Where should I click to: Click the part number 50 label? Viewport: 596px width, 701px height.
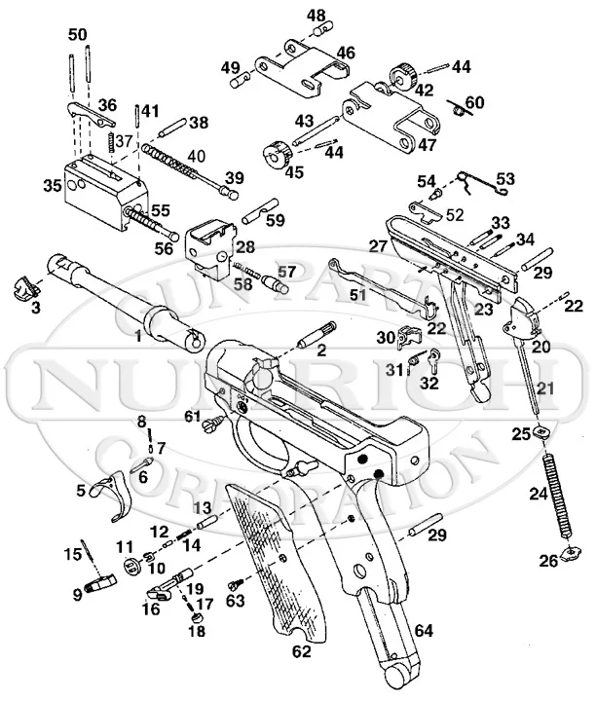pyautogui.click(x=77, y=34)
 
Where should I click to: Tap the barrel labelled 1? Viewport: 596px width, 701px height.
pyautogui.click(x=127, y=302)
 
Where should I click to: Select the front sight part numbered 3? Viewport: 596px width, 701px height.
pyautogui.click(x=26, y=289)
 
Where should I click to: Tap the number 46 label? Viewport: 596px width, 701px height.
pyautogui.click(x=346, y=51)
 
